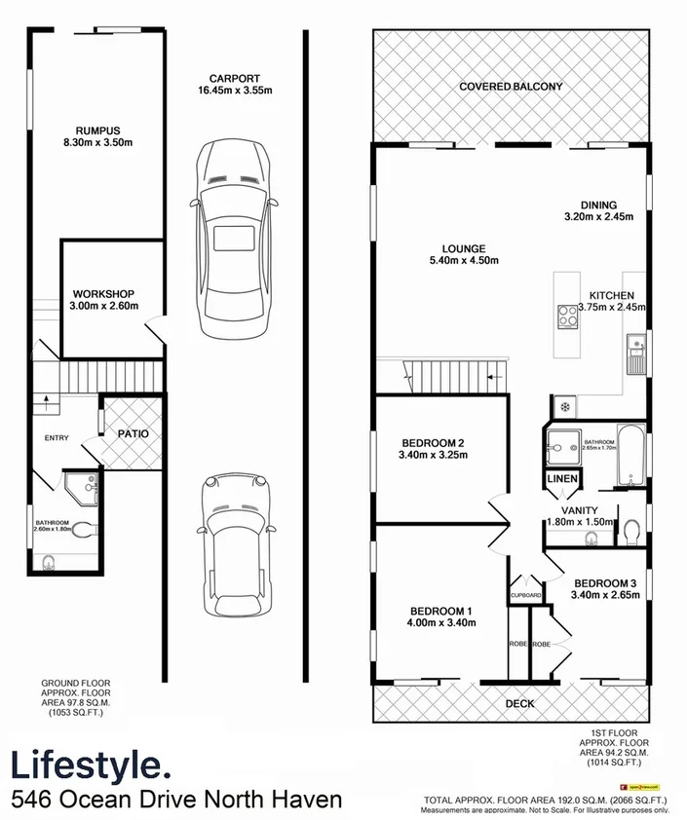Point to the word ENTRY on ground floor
pyautogui.click(x=57, y=438)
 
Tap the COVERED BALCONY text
pyautogui.click(x=512, y=87)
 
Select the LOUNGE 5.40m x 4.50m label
pyautogui.click(x=463, y=255)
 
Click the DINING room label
pyautogui.click(x=599, y=211)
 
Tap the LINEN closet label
pyautogui.click(x=562, y=478)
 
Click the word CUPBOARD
pyautogui.click(x=525, y=595)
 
